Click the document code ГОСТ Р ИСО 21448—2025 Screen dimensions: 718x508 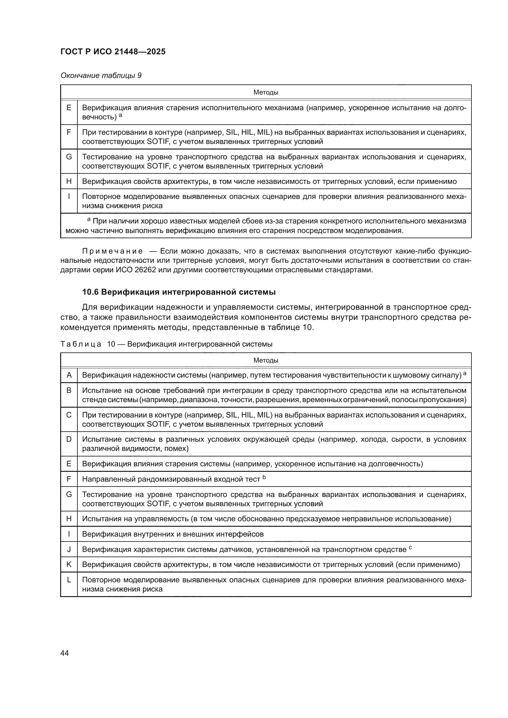pos(113,52)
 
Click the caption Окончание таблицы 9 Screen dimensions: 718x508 pos(101,76)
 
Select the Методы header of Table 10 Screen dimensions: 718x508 pos(266,360)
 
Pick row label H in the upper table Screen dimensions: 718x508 pos(69,181)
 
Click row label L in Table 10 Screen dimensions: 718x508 pos(69,580)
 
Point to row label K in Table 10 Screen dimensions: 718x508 pos(69,565)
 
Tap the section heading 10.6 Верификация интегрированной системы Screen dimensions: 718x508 pos(179,292)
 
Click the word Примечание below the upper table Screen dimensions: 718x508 pos(113,251)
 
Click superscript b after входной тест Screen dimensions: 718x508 pos(264,477)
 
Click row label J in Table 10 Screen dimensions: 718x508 pos(69,549)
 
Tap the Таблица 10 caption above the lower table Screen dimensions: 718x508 pos(166,344)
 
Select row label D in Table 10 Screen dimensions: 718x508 pos(69,439)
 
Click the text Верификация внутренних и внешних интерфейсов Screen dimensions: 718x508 pos(173,534)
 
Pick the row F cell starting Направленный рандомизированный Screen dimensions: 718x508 pos(171,479)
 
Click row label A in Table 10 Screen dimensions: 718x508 pos(69,375)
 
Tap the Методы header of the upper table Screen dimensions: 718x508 pos(266,93)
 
